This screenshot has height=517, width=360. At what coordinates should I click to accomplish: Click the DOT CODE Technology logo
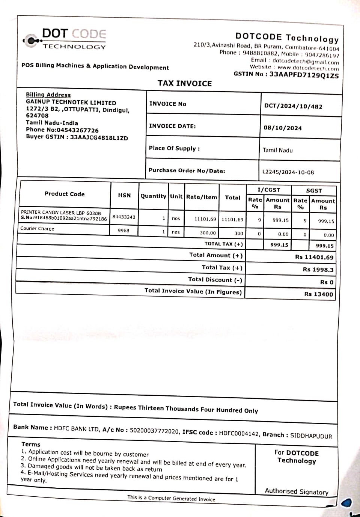coord(65,39)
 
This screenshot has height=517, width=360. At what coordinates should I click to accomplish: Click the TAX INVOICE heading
coord(185,83)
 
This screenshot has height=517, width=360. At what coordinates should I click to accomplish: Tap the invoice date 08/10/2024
coord(283,128)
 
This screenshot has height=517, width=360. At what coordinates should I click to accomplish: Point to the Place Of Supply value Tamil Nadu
coord(277,150)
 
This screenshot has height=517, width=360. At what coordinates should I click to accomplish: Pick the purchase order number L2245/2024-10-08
coord(288,172)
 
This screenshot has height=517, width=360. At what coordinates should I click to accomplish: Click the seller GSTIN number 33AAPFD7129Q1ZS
coord(304,75)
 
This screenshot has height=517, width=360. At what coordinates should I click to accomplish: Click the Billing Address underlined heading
coord(48,95)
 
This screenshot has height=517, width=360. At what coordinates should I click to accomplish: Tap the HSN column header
coord(124,195)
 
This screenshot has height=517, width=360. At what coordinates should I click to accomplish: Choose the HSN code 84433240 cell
coord(124,217)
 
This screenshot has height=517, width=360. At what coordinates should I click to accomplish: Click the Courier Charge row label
coord(37,228)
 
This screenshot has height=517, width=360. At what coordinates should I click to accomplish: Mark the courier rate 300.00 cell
coord(208,233)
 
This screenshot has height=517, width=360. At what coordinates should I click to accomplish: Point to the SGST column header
coord(314,190)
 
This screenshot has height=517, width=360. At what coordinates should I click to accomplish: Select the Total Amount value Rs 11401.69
coord(314,257)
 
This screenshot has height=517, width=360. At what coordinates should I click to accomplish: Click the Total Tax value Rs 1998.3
coord(318,270)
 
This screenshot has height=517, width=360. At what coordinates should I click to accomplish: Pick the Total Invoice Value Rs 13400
coord(318,294)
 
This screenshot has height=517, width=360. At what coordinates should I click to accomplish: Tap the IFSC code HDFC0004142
coord(239,434)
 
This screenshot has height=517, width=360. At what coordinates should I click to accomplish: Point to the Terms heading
coord(31,444)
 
